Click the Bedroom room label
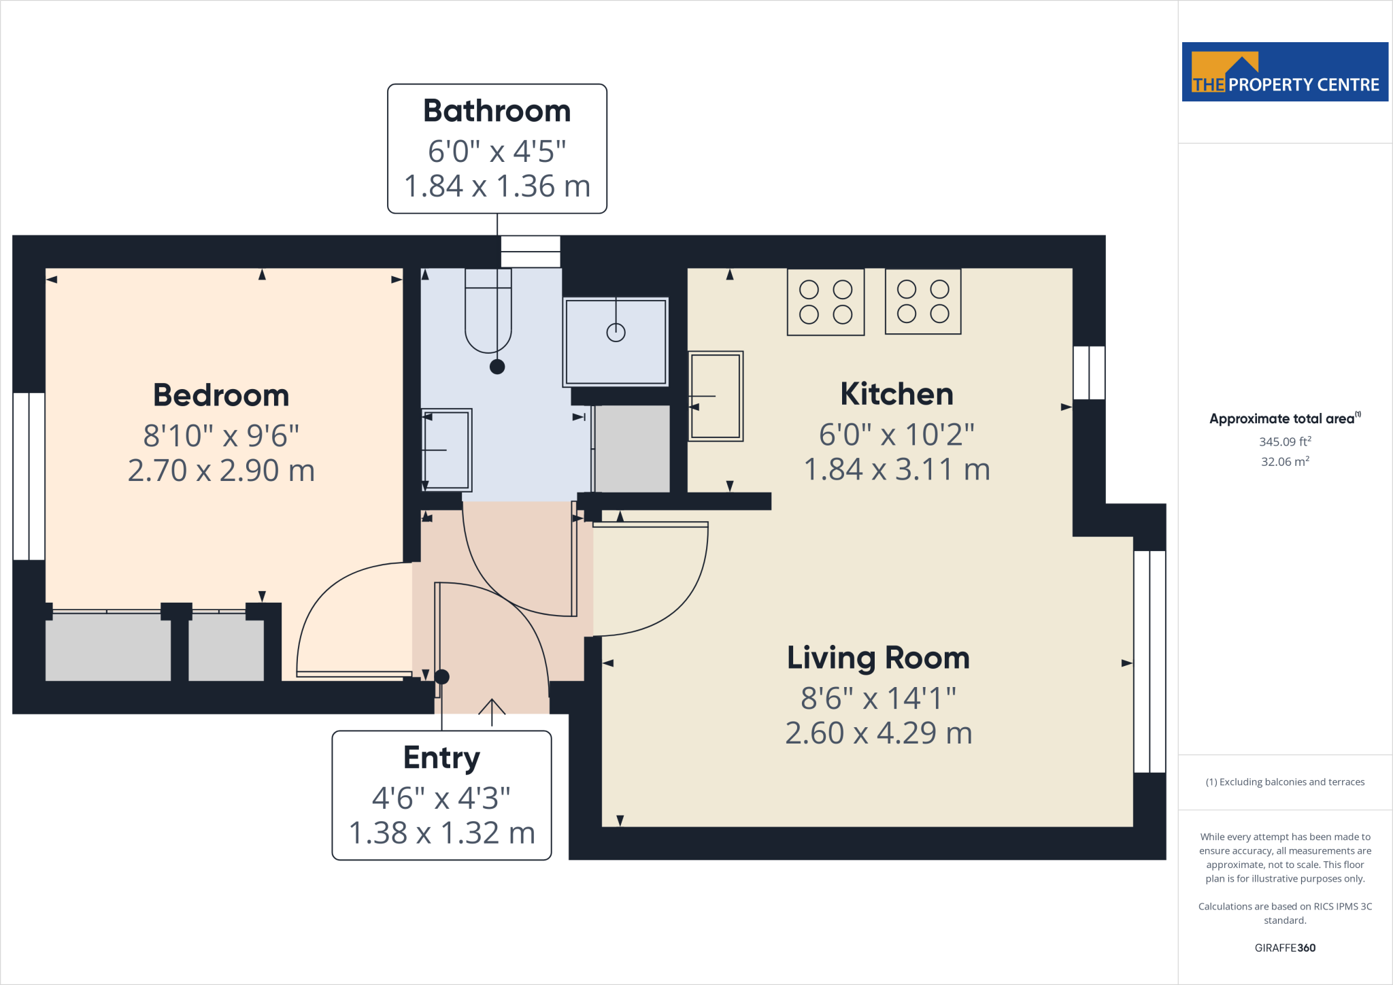pyautogui.click(x=221, y=395)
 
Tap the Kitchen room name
pyautogui.click(x=896, y=394)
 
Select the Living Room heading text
pyautogui.click(x=878, y=658)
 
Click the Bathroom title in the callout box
pyautogui.click(x=497, y=111)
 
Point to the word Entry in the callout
pyautogui.click(x=441, y=758)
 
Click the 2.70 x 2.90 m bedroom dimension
pyautogui.click(x=221, y=471)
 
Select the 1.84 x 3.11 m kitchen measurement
pyautogui.click(x=896, y=469)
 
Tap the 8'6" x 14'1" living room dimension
pyautogui.click(x=878, y=698)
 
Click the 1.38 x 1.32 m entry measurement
pyautogui.click(x=441, y=833)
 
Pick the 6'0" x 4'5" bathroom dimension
pyautogui.click(x=497, y=151)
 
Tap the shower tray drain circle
pyautogui.click(x=616, y=333)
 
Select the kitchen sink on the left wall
pyautogui.click(x=716, y=396)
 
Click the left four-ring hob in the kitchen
pyautogui.click(x=826, y=302)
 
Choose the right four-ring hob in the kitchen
pyautogui.click(x=923, y=301)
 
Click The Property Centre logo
pyautogui.click(x=1285, y=72)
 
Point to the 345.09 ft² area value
pyautogui.click(x=1285, y=441)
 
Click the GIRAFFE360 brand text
pyautogui.click(x=1285, y=948)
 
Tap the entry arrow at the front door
pyautogui.click(x=492, y=712)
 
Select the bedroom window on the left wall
pyautogui.click(x=29, y=476)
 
